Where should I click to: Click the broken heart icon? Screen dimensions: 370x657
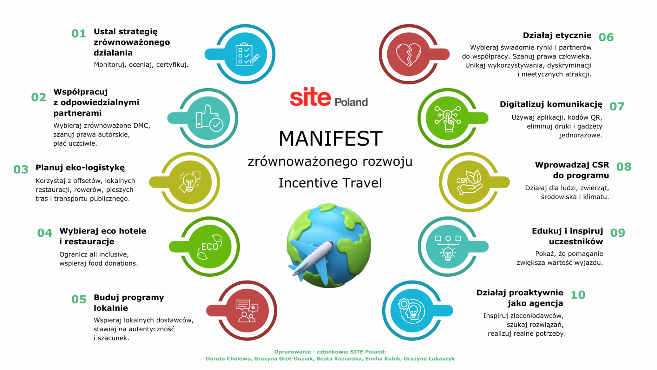pyautogui.click(x=409, y=55)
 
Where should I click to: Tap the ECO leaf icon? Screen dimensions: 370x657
pyautogui.click(x=210, y=247)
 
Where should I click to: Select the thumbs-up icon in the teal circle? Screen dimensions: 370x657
pyautogui.click(x=209, y=118)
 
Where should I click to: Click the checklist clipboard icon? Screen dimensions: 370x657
pyautogui.click(x=247, y=55)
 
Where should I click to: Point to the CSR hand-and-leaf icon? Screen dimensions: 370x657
pyautogui.click(x=469, y=182)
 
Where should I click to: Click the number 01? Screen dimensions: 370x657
pyautogui.click(x=79, y=34)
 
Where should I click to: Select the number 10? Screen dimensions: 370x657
pyautogui.click(x=578, y=295)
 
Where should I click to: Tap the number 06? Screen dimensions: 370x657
pyautogui.click(x=606, y=37)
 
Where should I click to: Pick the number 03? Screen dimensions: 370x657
pyautogui.click(x=21, y=169)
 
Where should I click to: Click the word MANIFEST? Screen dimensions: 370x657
pyautogui.click(x=330, y=138)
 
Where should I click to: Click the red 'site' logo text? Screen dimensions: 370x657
pyautogui.click(x=310, y=97)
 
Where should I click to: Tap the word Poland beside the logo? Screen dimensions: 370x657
pyautogui.click(x=351, y=102)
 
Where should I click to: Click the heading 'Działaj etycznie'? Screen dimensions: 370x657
pyautogui.click(x=557, y=35)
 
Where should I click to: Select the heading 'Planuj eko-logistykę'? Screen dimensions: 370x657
pyautogui.click(x=80, y=168)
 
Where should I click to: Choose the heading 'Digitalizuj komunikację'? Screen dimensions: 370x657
pyautogui.click(x=551, y=104)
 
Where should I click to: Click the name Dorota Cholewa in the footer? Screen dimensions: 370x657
pyautogui.click(x=228, y=359)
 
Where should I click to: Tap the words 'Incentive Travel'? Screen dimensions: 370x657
pyautogui.click(x=330, y=183)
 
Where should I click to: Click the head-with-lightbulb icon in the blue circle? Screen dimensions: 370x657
pyautogui.click(x=412, y=310)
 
